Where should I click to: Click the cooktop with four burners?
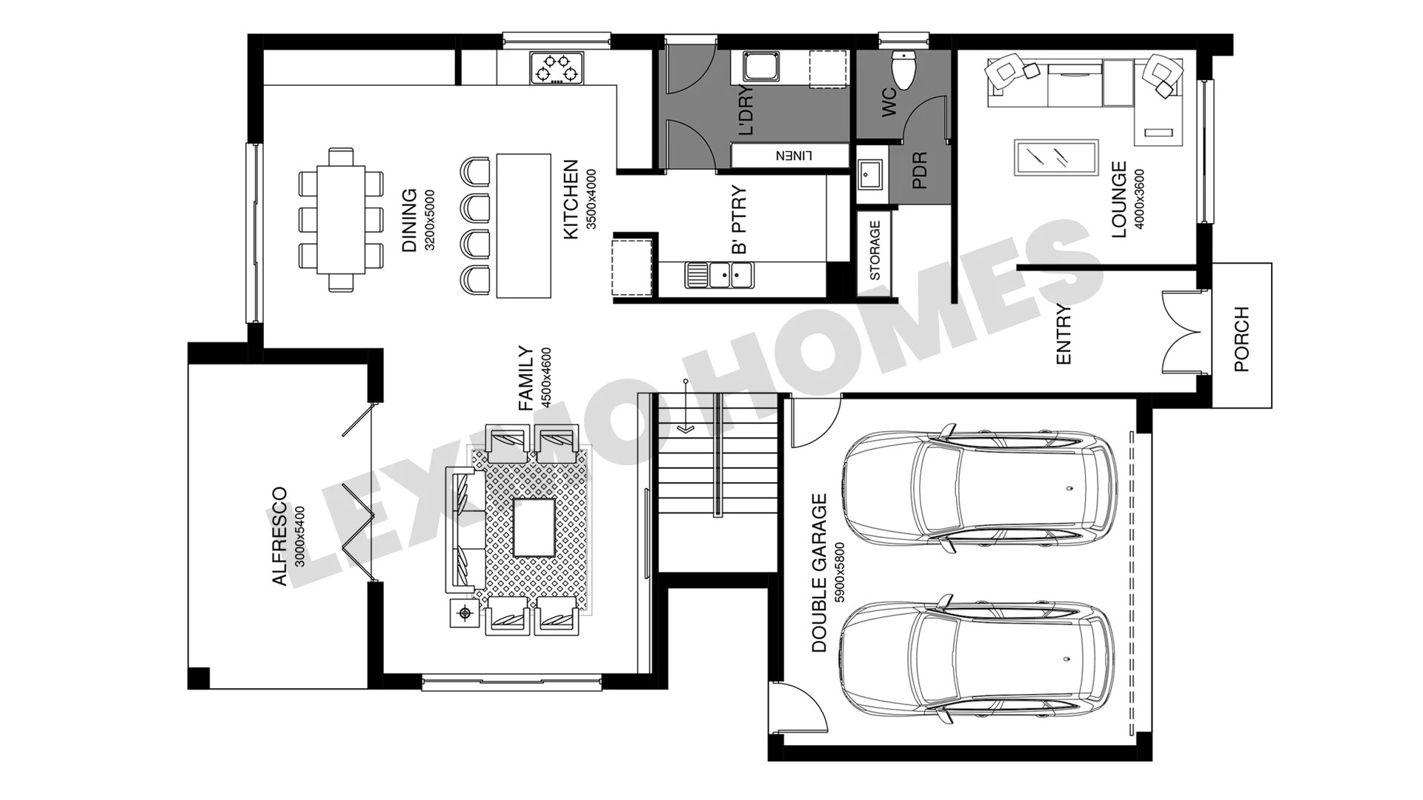tap(557, 68)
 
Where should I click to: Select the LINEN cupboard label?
tap(794, 156)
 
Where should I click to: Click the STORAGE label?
tap(875, 250)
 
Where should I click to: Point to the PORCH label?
tap(1241, 339)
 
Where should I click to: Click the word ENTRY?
tap(1063, 334)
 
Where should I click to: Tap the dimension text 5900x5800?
tap(840, 573)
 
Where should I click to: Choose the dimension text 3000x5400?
tap(299, 536)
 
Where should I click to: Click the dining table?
tap(341, 219)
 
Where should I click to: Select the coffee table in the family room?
tap(534, 527)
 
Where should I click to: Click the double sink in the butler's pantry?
tap(719, 275)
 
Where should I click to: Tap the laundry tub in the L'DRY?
tap(760, 66)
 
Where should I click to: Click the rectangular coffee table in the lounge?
tap(1055, 158)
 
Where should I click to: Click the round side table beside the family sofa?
tap(465, 613)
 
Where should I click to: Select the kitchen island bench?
tap(524, 225)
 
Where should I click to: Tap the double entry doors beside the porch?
tap(1181, 333)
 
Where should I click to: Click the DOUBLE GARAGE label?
tap(819, 573)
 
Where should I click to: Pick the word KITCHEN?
tap(570, 200)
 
